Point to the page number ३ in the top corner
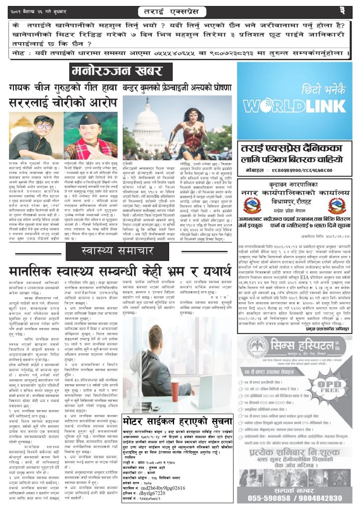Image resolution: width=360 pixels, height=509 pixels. pos(343,9)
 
